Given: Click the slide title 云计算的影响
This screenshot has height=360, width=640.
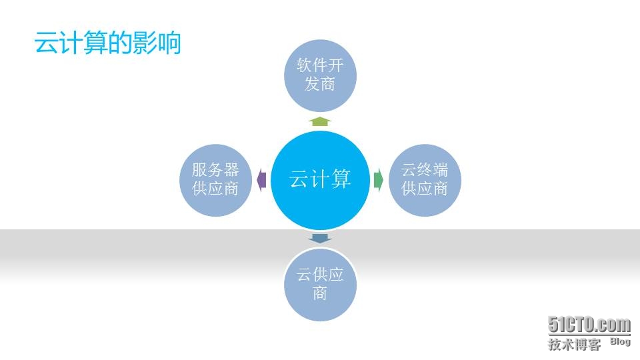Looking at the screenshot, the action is (x=108, y=43).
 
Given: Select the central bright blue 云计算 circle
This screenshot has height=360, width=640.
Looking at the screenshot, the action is (x=321, y=180).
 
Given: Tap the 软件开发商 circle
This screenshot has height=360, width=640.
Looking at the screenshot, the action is (x=321, y=75).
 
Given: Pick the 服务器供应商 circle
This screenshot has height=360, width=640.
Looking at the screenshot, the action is (x=215, y=180).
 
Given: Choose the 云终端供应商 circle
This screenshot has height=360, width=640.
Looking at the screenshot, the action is (x=425, y=180).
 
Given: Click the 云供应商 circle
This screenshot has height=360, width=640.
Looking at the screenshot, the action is (x=321, y=285).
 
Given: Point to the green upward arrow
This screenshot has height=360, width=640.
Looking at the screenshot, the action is (x=321, y=121).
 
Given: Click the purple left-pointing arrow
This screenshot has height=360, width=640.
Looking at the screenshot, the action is (x=261, y=180).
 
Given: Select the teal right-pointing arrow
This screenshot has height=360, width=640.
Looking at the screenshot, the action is (x=379, y=180).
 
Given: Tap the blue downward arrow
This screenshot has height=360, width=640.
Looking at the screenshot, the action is (x=321, y=239).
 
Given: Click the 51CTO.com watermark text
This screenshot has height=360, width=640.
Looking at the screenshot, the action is (x=589, y=325).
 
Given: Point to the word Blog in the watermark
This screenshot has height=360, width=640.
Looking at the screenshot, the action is (x=621, y=341).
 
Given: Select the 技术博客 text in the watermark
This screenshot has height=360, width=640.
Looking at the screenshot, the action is (x=574, y=344).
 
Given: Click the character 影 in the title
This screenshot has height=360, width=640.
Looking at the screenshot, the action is (x=145, y=43).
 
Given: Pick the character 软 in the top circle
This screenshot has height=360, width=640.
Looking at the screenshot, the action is (x=305, y=65).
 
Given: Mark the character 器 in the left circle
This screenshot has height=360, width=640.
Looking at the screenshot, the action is (x=231, y=170).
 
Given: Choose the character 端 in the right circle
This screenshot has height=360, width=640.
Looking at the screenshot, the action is (x=441, y=170).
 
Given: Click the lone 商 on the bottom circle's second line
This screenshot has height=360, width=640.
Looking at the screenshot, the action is (x=321, y=293).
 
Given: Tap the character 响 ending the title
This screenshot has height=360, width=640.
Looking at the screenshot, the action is (x=169, y=43).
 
